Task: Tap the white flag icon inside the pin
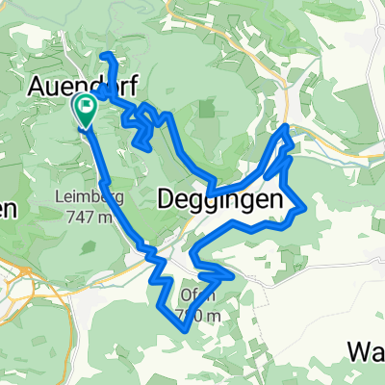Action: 85,107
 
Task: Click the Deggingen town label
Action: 220,199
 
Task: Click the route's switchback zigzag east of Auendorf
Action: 144,125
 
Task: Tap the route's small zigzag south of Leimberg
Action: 151,253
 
